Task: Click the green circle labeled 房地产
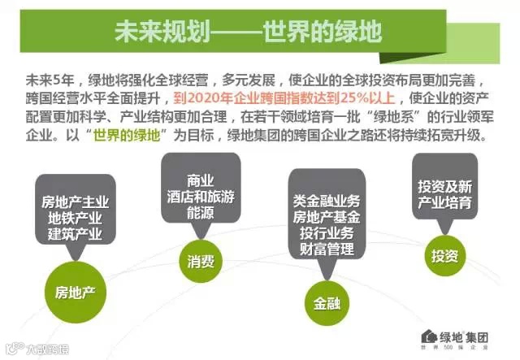75,288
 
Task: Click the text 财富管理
329,247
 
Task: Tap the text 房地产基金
329,215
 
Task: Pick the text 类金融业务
329,198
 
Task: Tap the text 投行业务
329,231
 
